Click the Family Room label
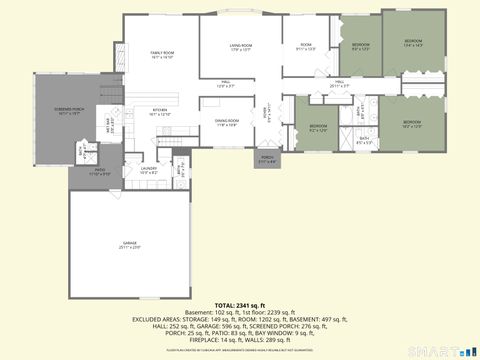[162, 54]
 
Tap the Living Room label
[239, 47]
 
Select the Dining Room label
[226, 124]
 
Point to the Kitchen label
[159, 112]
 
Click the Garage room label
[130, 244]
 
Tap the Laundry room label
[148, 170]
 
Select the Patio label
[99, 172]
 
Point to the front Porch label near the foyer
[267, 159]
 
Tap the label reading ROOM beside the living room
[306, 46]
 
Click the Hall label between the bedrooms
[340, 84]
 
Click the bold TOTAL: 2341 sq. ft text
[240, 304]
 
